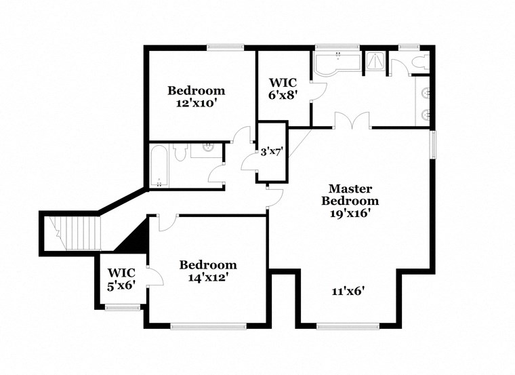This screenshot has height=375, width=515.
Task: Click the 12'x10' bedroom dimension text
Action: tap(197, 104)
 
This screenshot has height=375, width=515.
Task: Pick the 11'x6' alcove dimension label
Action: tap(348, 292)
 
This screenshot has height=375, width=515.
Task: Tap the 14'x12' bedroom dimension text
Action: tap(207, 277)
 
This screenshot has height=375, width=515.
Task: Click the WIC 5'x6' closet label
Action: tap(122, 280)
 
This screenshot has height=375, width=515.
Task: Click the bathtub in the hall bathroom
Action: tap(160, 166)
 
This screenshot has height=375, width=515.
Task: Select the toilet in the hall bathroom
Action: tap(180, 153)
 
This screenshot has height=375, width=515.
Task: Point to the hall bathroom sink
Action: tap(209, 147)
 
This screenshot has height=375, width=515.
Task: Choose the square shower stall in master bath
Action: tap(375, 63)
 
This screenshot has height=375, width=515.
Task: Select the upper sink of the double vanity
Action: tap(426, 92)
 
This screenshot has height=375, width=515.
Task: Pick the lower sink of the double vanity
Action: tap(426, 114)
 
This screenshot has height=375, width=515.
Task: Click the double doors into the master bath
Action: tap(352, 122)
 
